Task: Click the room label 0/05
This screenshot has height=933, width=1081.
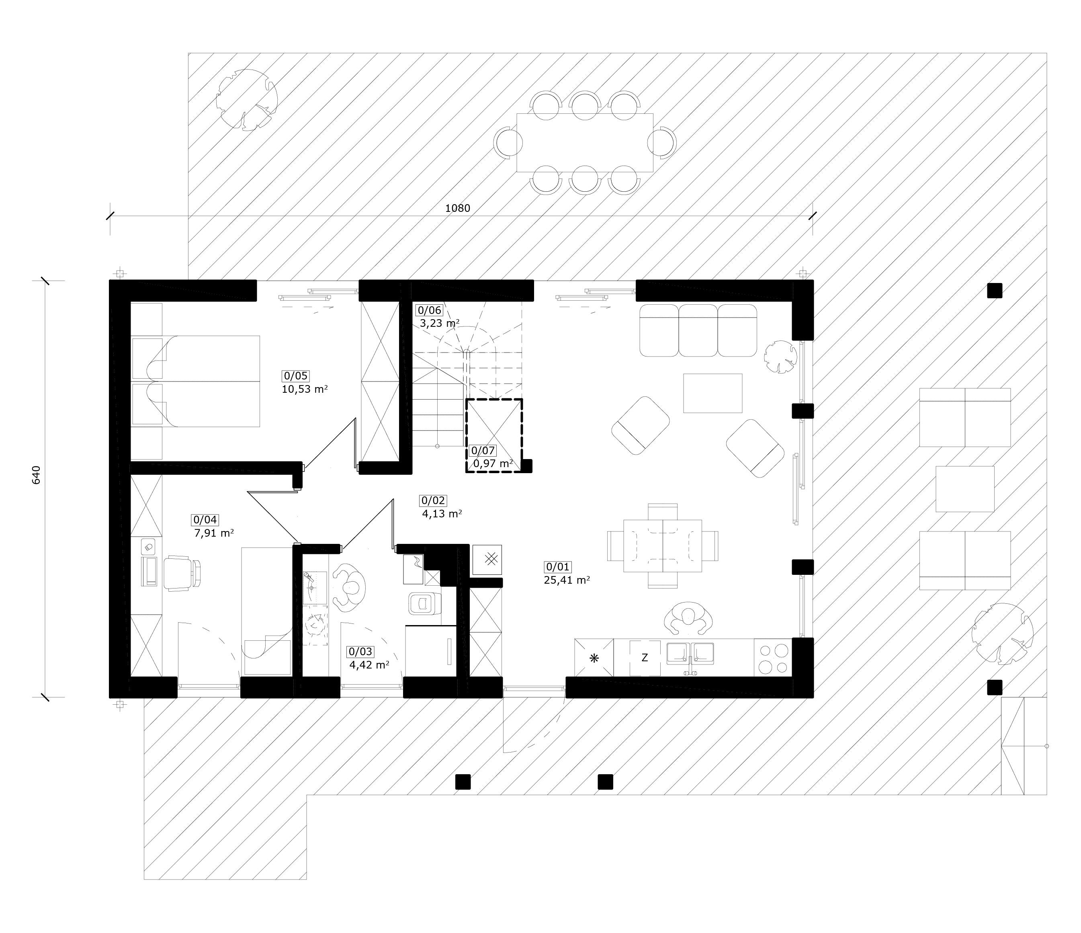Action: [x=295, y=376]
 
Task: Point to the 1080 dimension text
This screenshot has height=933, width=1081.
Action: [x=458, y=208]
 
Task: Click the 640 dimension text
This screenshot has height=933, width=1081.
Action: [x=36, y=475]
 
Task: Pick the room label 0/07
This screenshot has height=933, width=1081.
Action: [x=483, y=450]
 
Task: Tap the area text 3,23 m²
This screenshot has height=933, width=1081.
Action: [x=440, y=323]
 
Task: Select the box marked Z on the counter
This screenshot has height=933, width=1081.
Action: [x=645, y=658]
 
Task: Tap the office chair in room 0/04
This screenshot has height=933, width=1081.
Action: [x=182, y=573]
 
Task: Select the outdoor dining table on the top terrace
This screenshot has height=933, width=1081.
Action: [x=585, y=142]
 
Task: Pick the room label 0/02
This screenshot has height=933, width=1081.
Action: [x=433, y=501]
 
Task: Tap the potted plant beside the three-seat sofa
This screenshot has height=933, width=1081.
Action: [x=780, y=357]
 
